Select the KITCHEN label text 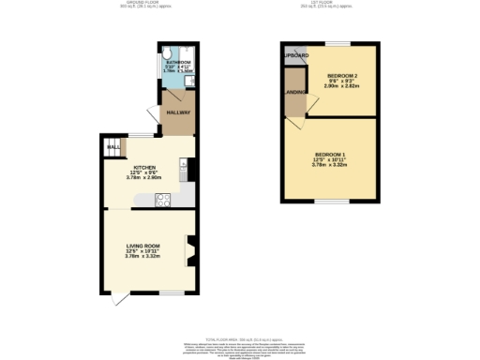143,166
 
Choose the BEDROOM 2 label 342,74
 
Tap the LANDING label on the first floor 295,93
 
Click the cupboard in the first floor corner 294,55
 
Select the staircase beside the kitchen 112,148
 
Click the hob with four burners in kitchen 162,199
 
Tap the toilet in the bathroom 168,54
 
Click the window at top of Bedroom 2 337,43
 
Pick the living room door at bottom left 118,298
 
